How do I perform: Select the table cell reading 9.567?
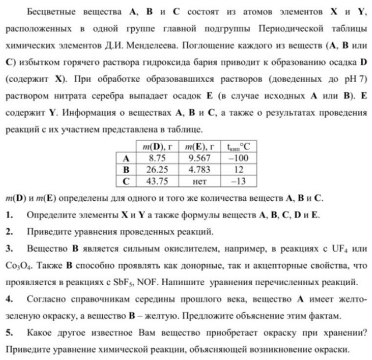[199, 158]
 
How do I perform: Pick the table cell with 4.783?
[199, 169]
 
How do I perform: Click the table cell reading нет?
[199, 181]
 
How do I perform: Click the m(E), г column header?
[199, 147]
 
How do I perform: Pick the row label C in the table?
[126, 181]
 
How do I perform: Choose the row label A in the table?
[126, 158]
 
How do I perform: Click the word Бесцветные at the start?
[53, 11]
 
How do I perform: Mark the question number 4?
[9, 300]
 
